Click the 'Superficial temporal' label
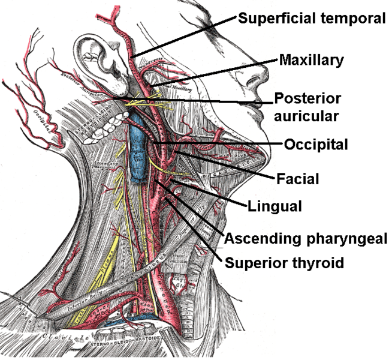coord(311,18)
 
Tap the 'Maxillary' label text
coord(310,60)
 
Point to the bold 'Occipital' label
coord(316,144)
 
